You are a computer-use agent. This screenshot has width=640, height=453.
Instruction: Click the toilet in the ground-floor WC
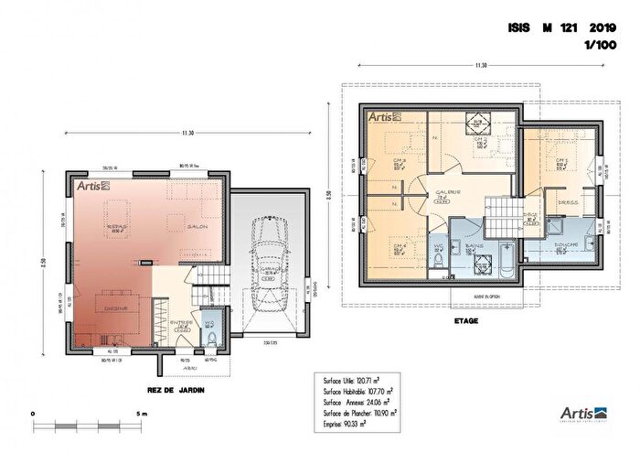210,340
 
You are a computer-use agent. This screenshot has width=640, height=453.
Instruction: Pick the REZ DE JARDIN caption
176,391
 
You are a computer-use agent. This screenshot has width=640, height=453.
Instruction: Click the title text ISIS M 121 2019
562,28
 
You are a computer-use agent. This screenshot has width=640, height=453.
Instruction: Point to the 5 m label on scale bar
140,415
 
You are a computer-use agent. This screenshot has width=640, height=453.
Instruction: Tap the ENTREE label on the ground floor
180,322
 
